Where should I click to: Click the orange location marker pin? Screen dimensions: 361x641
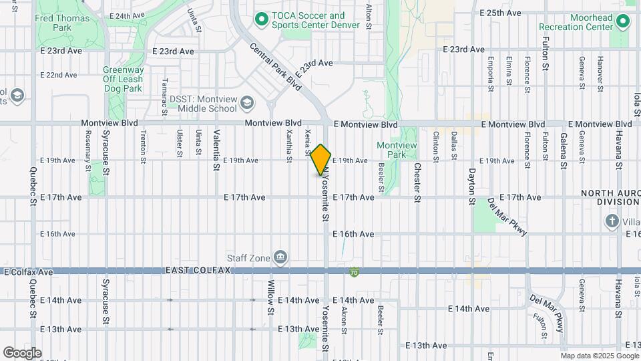[321, 160]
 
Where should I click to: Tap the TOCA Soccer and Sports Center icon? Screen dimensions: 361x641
[261, 20]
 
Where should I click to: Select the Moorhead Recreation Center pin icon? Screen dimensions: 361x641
[623, 21]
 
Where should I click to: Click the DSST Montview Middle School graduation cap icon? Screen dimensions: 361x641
[247, 103]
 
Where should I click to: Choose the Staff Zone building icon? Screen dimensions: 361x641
[280, 257]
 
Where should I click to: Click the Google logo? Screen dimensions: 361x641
[21, 353]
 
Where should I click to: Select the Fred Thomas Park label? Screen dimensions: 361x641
[62, 23]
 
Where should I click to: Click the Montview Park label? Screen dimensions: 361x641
[397, 150]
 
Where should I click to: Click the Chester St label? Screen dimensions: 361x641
[417, 182]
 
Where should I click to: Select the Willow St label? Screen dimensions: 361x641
[271, 297]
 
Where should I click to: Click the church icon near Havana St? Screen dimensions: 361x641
[612, 221]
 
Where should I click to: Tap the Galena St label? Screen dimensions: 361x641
[564, 151]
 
